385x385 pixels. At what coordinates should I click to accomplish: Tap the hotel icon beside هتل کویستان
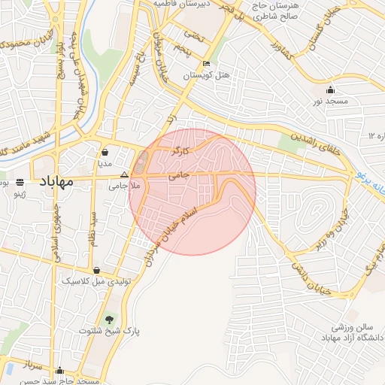point(207,64)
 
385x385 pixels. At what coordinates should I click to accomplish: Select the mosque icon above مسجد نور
point(330,89)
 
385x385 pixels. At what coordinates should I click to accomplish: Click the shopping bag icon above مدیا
point(105,151)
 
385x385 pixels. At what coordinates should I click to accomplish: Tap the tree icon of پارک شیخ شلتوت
point(109,320)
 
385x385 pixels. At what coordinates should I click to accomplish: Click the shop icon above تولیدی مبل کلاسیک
point(96,270)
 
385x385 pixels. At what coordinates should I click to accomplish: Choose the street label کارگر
point(180,150)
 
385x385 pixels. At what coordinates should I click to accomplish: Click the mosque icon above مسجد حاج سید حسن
point(59,370)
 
